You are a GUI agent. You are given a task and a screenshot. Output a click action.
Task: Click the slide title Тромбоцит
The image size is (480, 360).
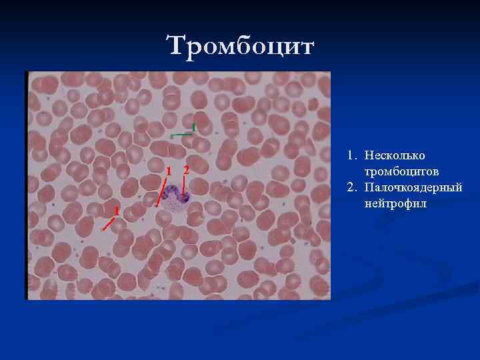pos(240,46)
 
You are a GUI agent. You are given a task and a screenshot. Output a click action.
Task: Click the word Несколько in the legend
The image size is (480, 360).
pos(395,155)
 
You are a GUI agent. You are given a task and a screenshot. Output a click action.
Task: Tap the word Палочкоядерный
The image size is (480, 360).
pos(413,187)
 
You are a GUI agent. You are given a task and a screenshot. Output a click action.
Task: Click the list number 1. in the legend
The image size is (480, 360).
pos(352,155)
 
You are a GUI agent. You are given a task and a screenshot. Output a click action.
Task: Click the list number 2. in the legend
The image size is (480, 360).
pos(352,187)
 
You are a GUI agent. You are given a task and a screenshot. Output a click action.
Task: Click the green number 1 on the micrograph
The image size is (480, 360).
pos(193,127)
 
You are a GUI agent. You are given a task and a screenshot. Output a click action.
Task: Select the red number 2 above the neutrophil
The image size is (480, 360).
pos(186,169)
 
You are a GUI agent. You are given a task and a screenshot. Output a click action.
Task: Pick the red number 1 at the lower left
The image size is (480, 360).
pos(116,211)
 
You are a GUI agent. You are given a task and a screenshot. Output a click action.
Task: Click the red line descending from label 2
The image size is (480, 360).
pos(183,186)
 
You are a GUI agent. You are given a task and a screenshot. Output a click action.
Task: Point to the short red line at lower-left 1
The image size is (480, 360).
pos(108,223)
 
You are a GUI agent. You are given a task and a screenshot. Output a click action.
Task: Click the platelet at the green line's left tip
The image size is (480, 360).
pos(171,135)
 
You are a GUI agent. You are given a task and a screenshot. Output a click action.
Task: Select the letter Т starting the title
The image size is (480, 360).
pos(175,46)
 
